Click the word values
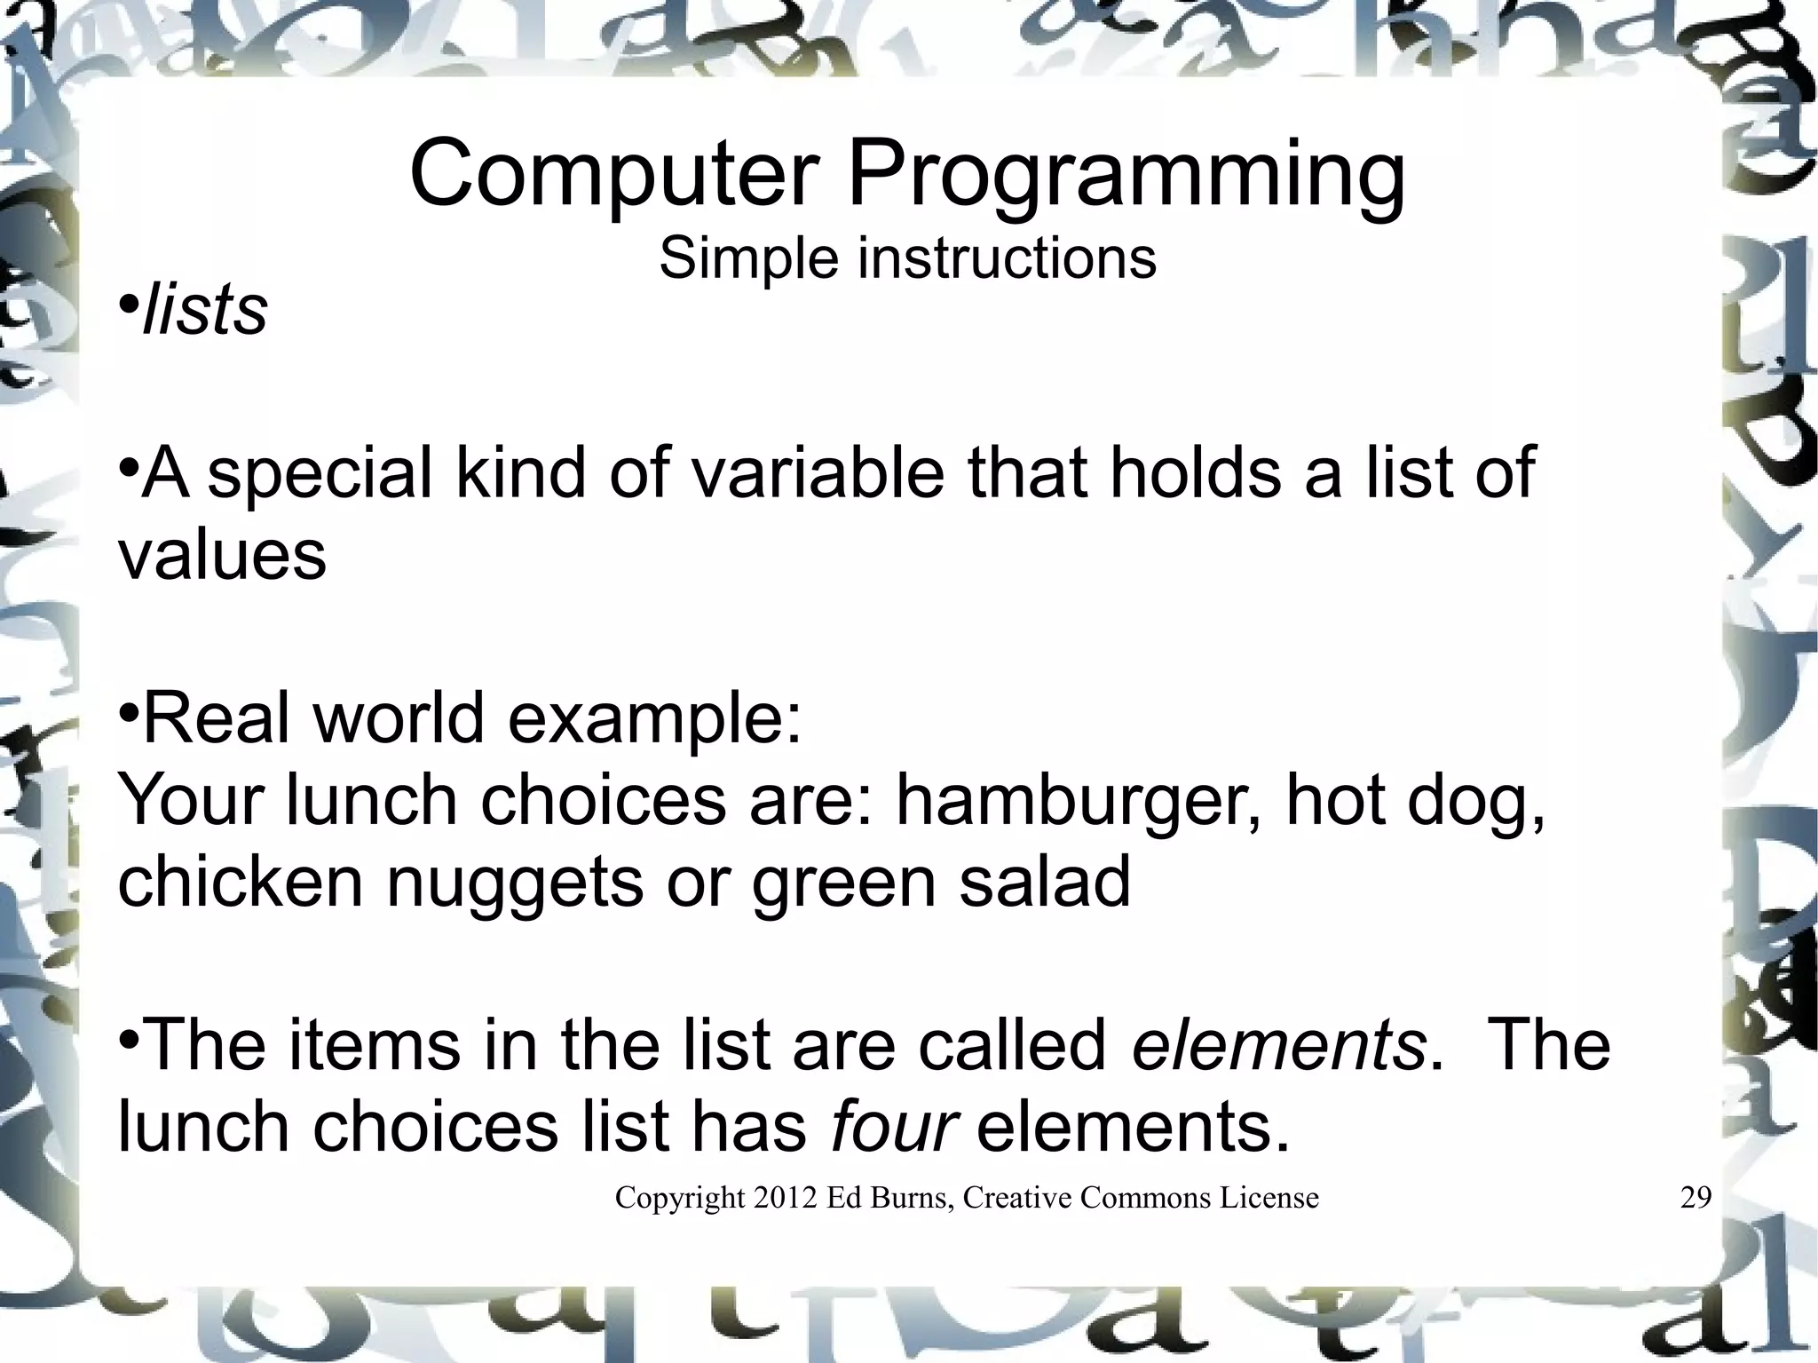pos(222,556)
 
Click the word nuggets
pos(515,883)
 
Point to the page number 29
pos(1695,1198)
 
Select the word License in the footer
pos(1269,1198)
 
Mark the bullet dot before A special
pos(129,465)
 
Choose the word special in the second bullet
pos(320,474)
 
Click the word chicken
pos(241,881)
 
